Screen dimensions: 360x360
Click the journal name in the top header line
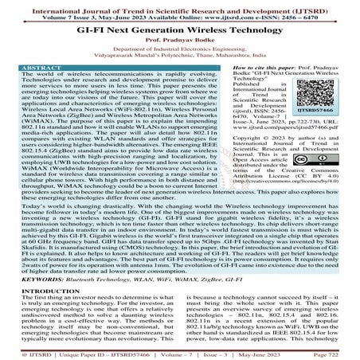[180, 6]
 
